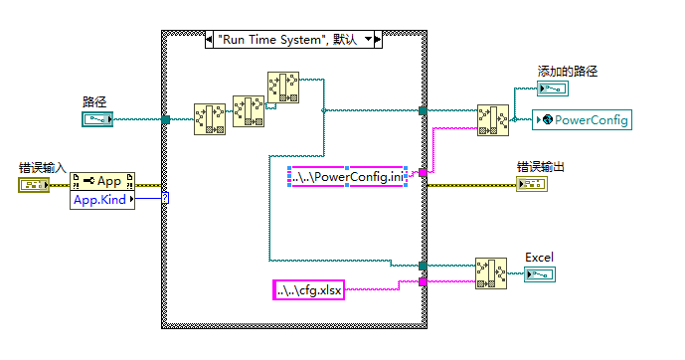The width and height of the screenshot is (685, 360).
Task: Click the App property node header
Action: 102,181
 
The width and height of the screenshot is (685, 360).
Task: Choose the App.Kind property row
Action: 102,200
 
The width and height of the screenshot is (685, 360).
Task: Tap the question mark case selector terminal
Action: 165,198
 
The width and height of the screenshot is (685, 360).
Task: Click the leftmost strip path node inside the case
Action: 210,118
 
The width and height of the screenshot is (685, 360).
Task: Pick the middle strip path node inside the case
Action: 249,111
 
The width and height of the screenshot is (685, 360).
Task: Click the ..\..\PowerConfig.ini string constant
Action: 345,178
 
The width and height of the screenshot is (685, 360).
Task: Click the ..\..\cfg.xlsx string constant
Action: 307,290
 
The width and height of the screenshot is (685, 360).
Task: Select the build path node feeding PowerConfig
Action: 493,120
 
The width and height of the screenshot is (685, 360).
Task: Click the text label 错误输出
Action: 540,166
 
